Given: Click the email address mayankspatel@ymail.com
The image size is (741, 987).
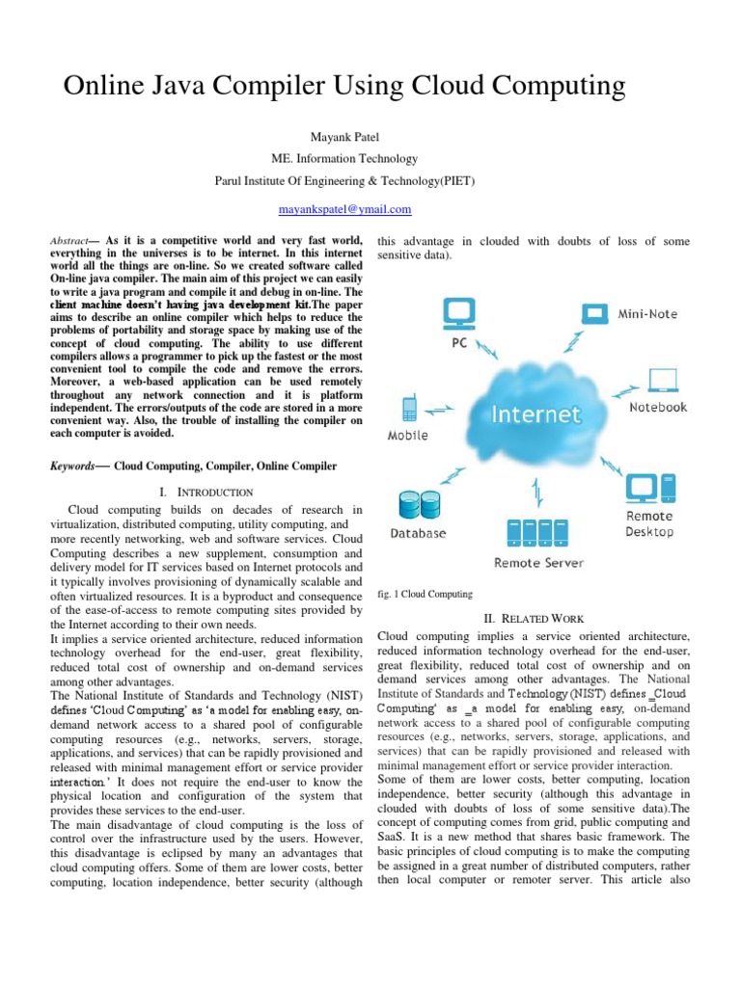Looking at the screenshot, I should [344, 209].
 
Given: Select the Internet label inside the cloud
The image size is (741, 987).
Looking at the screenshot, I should [537, 415].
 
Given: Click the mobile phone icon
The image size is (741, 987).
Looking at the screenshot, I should [409, 409].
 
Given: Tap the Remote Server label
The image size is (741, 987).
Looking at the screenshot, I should [538, 563].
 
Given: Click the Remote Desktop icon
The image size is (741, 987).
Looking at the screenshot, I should [648, 490].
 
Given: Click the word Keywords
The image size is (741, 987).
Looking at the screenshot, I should [73, 467].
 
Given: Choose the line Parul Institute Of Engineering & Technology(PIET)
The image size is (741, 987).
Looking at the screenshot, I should [344, 180].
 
